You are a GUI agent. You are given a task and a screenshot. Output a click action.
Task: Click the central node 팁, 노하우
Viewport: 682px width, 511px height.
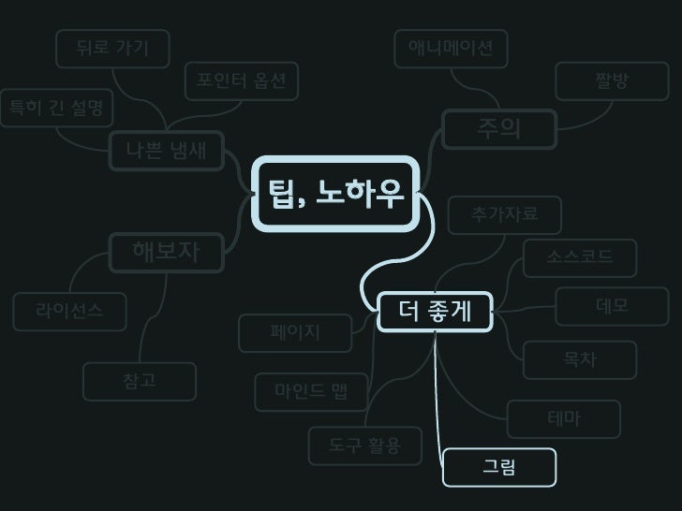pos(335,195)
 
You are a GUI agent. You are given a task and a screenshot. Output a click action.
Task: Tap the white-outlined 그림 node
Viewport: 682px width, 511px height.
pos(499,468)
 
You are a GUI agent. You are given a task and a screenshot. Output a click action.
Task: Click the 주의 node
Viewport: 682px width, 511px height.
pos(498,129)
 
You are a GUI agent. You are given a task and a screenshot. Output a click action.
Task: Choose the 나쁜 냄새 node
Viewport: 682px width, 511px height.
pos(167,150)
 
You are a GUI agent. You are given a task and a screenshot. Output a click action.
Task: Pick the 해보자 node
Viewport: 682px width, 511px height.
pos(166,251)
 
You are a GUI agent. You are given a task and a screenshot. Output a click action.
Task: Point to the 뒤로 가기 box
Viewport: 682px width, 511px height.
pos(112,49)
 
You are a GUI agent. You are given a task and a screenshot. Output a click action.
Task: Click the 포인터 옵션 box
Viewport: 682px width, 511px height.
pos(241,80)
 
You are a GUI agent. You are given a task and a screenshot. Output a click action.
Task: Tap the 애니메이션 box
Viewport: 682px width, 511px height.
pos(451,49)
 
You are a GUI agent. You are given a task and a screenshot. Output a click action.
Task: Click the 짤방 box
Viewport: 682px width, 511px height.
pos(612,81)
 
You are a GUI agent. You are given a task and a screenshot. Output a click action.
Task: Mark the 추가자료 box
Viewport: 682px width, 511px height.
pos(505,215)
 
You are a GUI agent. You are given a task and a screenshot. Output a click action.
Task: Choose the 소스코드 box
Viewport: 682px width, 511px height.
pos(580,257)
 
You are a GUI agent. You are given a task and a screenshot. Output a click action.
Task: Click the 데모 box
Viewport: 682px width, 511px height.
pos(612,306)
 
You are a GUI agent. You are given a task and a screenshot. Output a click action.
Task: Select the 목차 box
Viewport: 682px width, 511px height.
pos(580,360)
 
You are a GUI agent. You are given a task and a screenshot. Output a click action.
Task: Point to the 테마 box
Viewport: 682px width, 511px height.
pos(564,419)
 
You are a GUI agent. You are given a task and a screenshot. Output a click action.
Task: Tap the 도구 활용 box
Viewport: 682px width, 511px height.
pos(365,446)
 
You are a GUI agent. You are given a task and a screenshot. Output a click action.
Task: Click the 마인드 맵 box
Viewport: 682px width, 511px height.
pos(311,392)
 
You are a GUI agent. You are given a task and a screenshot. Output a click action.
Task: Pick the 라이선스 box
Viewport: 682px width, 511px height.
pos(69,312)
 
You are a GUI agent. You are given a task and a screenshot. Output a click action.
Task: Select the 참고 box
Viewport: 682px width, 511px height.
pos(140,381)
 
